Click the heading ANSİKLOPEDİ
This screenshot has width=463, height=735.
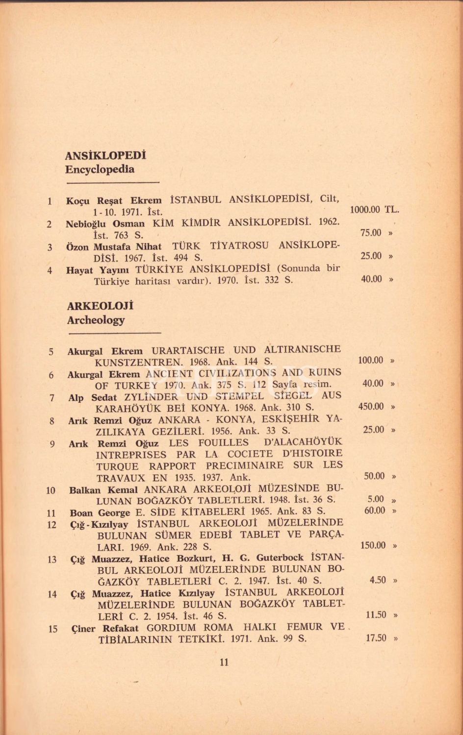[105, 156]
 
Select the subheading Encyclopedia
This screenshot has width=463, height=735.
[100, 170]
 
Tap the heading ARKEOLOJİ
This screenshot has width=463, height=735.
[101, 306]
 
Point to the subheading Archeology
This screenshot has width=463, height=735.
[96, 320]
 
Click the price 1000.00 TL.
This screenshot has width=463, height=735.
[374, 210]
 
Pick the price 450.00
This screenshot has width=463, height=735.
[371, 406]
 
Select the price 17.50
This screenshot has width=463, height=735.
[376, 638]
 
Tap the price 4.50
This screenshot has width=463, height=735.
[378, 580]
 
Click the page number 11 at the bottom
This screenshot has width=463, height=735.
[224, 662]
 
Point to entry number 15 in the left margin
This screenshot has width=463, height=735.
[52, 629]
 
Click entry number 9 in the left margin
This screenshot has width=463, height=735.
[52, 444]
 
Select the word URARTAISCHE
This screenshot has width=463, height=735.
[188, 350]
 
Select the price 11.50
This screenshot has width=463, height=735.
[376, 615]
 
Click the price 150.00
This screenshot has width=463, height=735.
[373, 545]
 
